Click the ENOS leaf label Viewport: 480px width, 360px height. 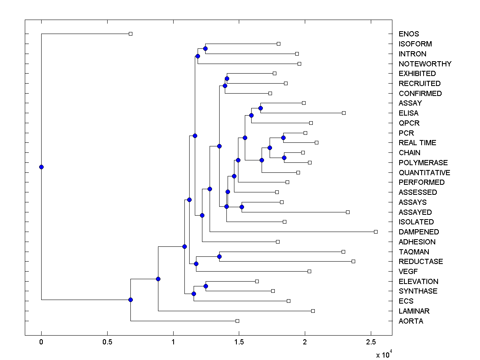(409, 34)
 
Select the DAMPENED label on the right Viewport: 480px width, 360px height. (418, 232)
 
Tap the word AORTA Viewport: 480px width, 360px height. (411, 321)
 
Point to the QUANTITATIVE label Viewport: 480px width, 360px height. (424, 173)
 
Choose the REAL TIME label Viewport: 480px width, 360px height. (417, 143)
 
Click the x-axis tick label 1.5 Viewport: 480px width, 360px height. (239, 342)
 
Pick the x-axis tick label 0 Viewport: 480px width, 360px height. (41, 342)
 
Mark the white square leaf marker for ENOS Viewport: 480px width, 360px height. (130, 34)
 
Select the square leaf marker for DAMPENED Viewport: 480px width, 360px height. (376, 232)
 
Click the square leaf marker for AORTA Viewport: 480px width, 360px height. (237, 321)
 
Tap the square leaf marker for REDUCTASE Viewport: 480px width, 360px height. (353, 261)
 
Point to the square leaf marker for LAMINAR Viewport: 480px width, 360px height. (313, 311)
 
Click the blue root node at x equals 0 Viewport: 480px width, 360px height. (41, 167)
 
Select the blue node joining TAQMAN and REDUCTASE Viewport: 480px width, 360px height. (219, 256)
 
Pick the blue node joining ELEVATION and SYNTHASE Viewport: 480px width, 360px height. (206, 286)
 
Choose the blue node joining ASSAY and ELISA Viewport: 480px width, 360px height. (260, 108)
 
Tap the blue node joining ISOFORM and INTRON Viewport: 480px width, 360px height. (205, 48)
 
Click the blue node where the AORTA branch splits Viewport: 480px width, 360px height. (130, 300)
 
